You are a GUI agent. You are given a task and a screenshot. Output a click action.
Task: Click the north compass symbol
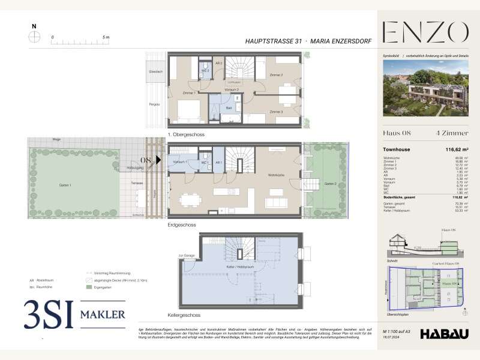35,36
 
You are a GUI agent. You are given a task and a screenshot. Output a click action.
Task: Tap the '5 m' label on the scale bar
106,37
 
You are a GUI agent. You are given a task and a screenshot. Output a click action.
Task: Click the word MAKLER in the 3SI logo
100,314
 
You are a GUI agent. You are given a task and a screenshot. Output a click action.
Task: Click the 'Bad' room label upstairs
229,107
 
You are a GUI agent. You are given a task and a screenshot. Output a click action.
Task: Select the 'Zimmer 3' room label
276,112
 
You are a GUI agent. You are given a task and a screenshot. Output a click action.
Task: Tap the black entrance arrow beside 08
159,160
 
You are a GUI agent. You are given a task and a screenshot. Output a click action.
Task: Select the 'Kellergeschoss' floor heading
184,315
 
